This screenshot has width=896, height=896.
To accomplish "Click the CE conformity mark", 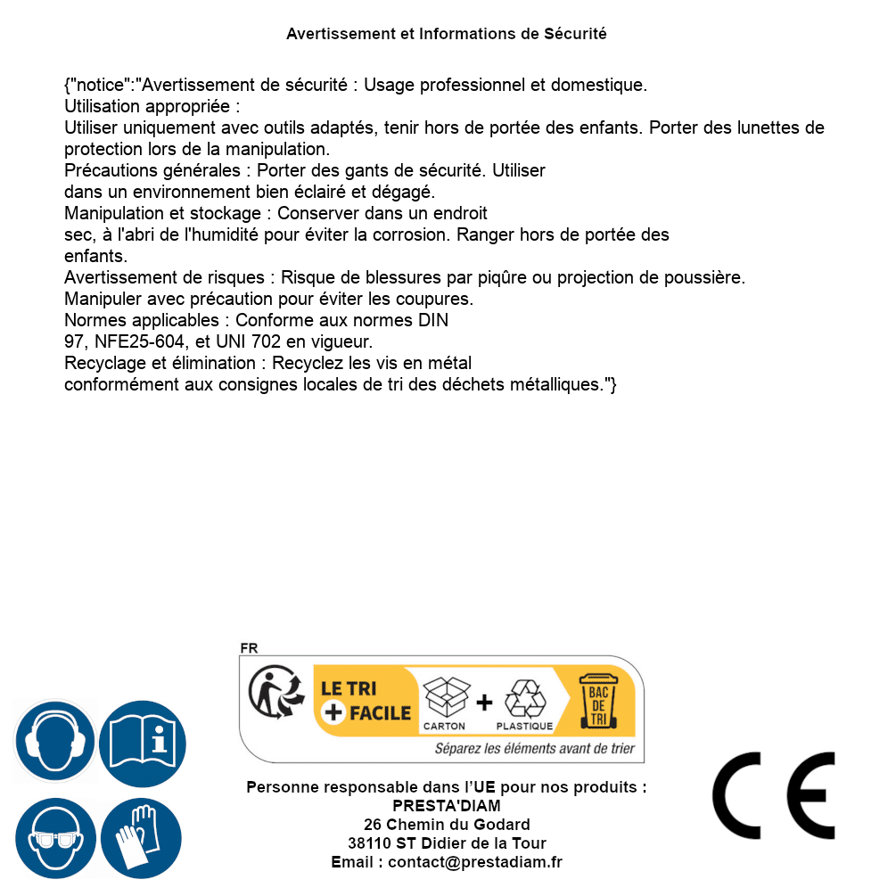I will (x=774, y=795).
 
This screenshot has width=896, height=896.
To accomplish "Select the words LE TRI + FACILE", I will (x=366, y=701).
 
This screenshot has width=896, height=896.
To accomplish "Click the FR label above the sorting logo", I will (x=249, y=648).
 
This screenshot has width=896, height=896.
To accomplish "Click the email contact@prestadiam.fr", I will (x=475, y=862).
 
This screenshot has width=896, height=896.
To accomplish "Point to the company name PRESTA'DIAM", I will (x=447, y=806).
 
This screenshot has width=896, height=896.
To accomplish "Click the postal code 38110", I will (x=369, y=843).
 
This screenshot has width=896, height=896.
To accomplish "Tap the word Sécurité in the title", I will (x=575, y=34).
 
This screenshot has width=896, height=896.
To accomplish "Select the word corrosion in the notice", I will (x=515, y=234).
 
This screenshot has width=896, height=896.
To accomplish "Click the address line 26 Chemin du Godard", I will (x=447, y=825).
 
